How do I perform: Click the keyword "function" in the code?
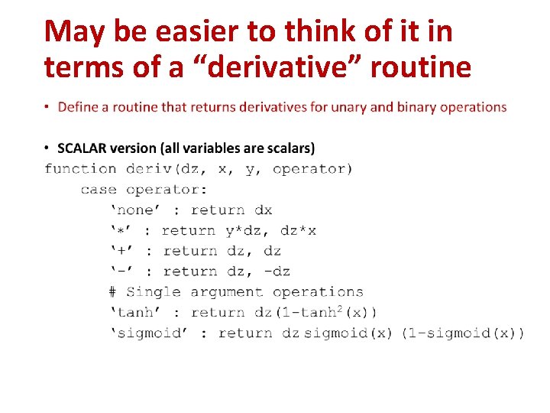[80, 169]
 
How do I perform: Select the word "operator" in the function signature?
[312, 169]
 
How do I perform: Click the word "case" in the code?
[99, 190]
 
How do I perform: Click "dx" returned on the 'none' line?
[263, 210]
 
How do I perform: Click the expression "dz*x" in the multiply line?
[299, 231]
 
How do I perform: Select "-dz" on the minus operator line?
[276, 272]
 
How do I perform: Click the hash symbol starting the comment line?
[112, 292]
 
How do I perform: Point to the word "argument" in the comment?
[227, 292]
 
